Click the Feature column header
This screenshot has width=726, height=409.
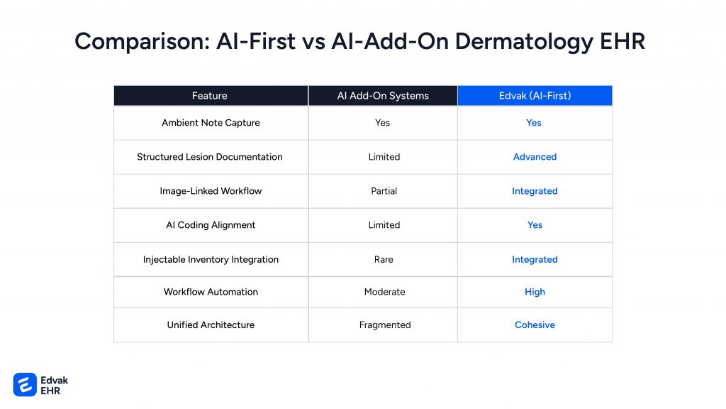[210, 96]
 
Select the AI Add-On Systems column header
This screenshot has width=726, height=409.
[383, 96]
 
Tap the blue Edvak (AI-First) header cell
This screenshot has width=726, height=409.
[535, 96]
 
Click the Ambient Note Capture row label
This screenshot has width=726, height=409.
[211, 123]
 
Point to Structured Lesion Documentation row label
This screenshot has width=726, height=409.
[210, 157]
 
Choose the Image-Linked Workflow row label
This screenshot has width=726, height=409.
[211, 191]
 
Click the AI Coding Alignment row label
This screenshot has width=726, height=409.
[211, 225]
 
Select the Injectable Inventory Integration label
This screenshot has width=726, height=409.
[211, 259]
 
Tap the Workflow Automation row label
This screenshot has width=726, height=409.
[211, 292]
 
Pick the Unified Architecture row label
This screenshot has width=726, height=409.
[211, 325]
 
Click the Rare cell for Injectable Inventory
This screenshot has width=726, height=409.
[384, 259]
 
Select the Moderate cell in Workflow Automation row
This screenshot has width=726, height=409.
[385, 292]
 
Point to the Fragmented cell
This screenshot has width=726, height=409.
[385, 325]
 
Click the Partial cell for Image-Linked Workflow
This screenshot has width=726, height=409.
[384, 191]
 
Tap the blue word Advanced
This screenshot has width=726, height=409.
[535, 157]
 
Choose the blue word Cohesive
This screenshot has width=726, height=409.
[535, 325]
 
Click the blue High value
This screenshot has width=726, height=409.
[535, 292]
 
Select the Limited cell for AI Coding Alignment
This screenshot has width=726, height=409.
[384, 225]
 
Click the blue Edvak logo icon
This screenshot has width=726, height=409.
[25, 384]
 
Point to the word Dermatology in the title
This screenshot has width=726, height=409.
[524, 42]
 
